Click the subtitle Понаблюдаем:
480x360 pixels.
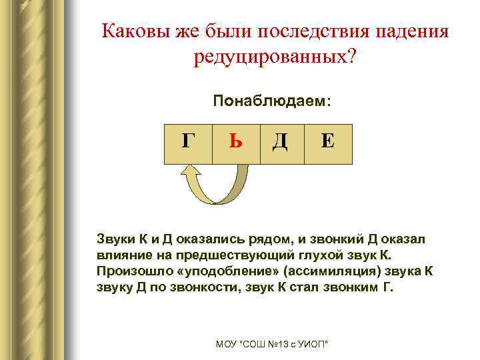tap(271, 102)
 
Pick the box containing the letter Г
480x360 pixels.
tap(189, 143)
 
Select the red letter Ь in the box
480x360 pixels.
tap(235, 143)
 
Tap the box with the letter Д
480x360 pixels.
tap(281, 143)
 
